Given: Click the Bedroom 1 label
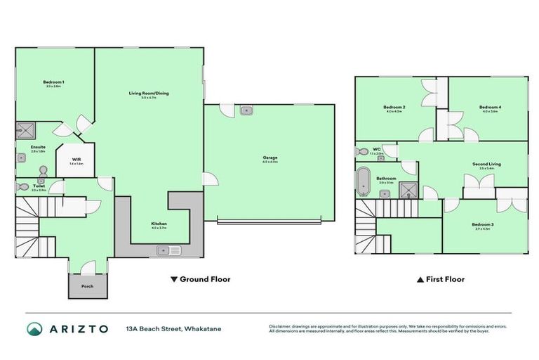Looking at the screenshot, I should tap(55, 82).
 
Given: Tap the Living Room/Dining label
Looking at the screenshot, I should tap(149, 93).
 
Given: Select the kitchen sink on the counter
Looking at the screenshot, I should tap(169, 250).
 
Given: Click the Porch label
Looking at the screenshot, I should tap(87, 286).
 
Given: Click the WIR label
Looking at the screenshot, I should tap(76, 160).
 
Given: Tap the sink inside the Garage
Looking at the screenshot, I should tap(246, 110).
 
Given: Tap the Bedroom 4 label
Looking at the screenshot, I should tap(490, 107).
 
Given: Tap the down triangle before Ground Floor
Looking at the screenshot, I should tap(174, 279).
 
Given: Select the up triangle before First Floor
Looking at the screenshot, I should tap(420, 279).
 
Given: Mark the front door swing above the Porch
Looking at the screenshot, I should tap(89, 267).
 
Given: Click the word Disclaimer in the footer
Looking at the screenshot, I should tap(282, 326).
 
